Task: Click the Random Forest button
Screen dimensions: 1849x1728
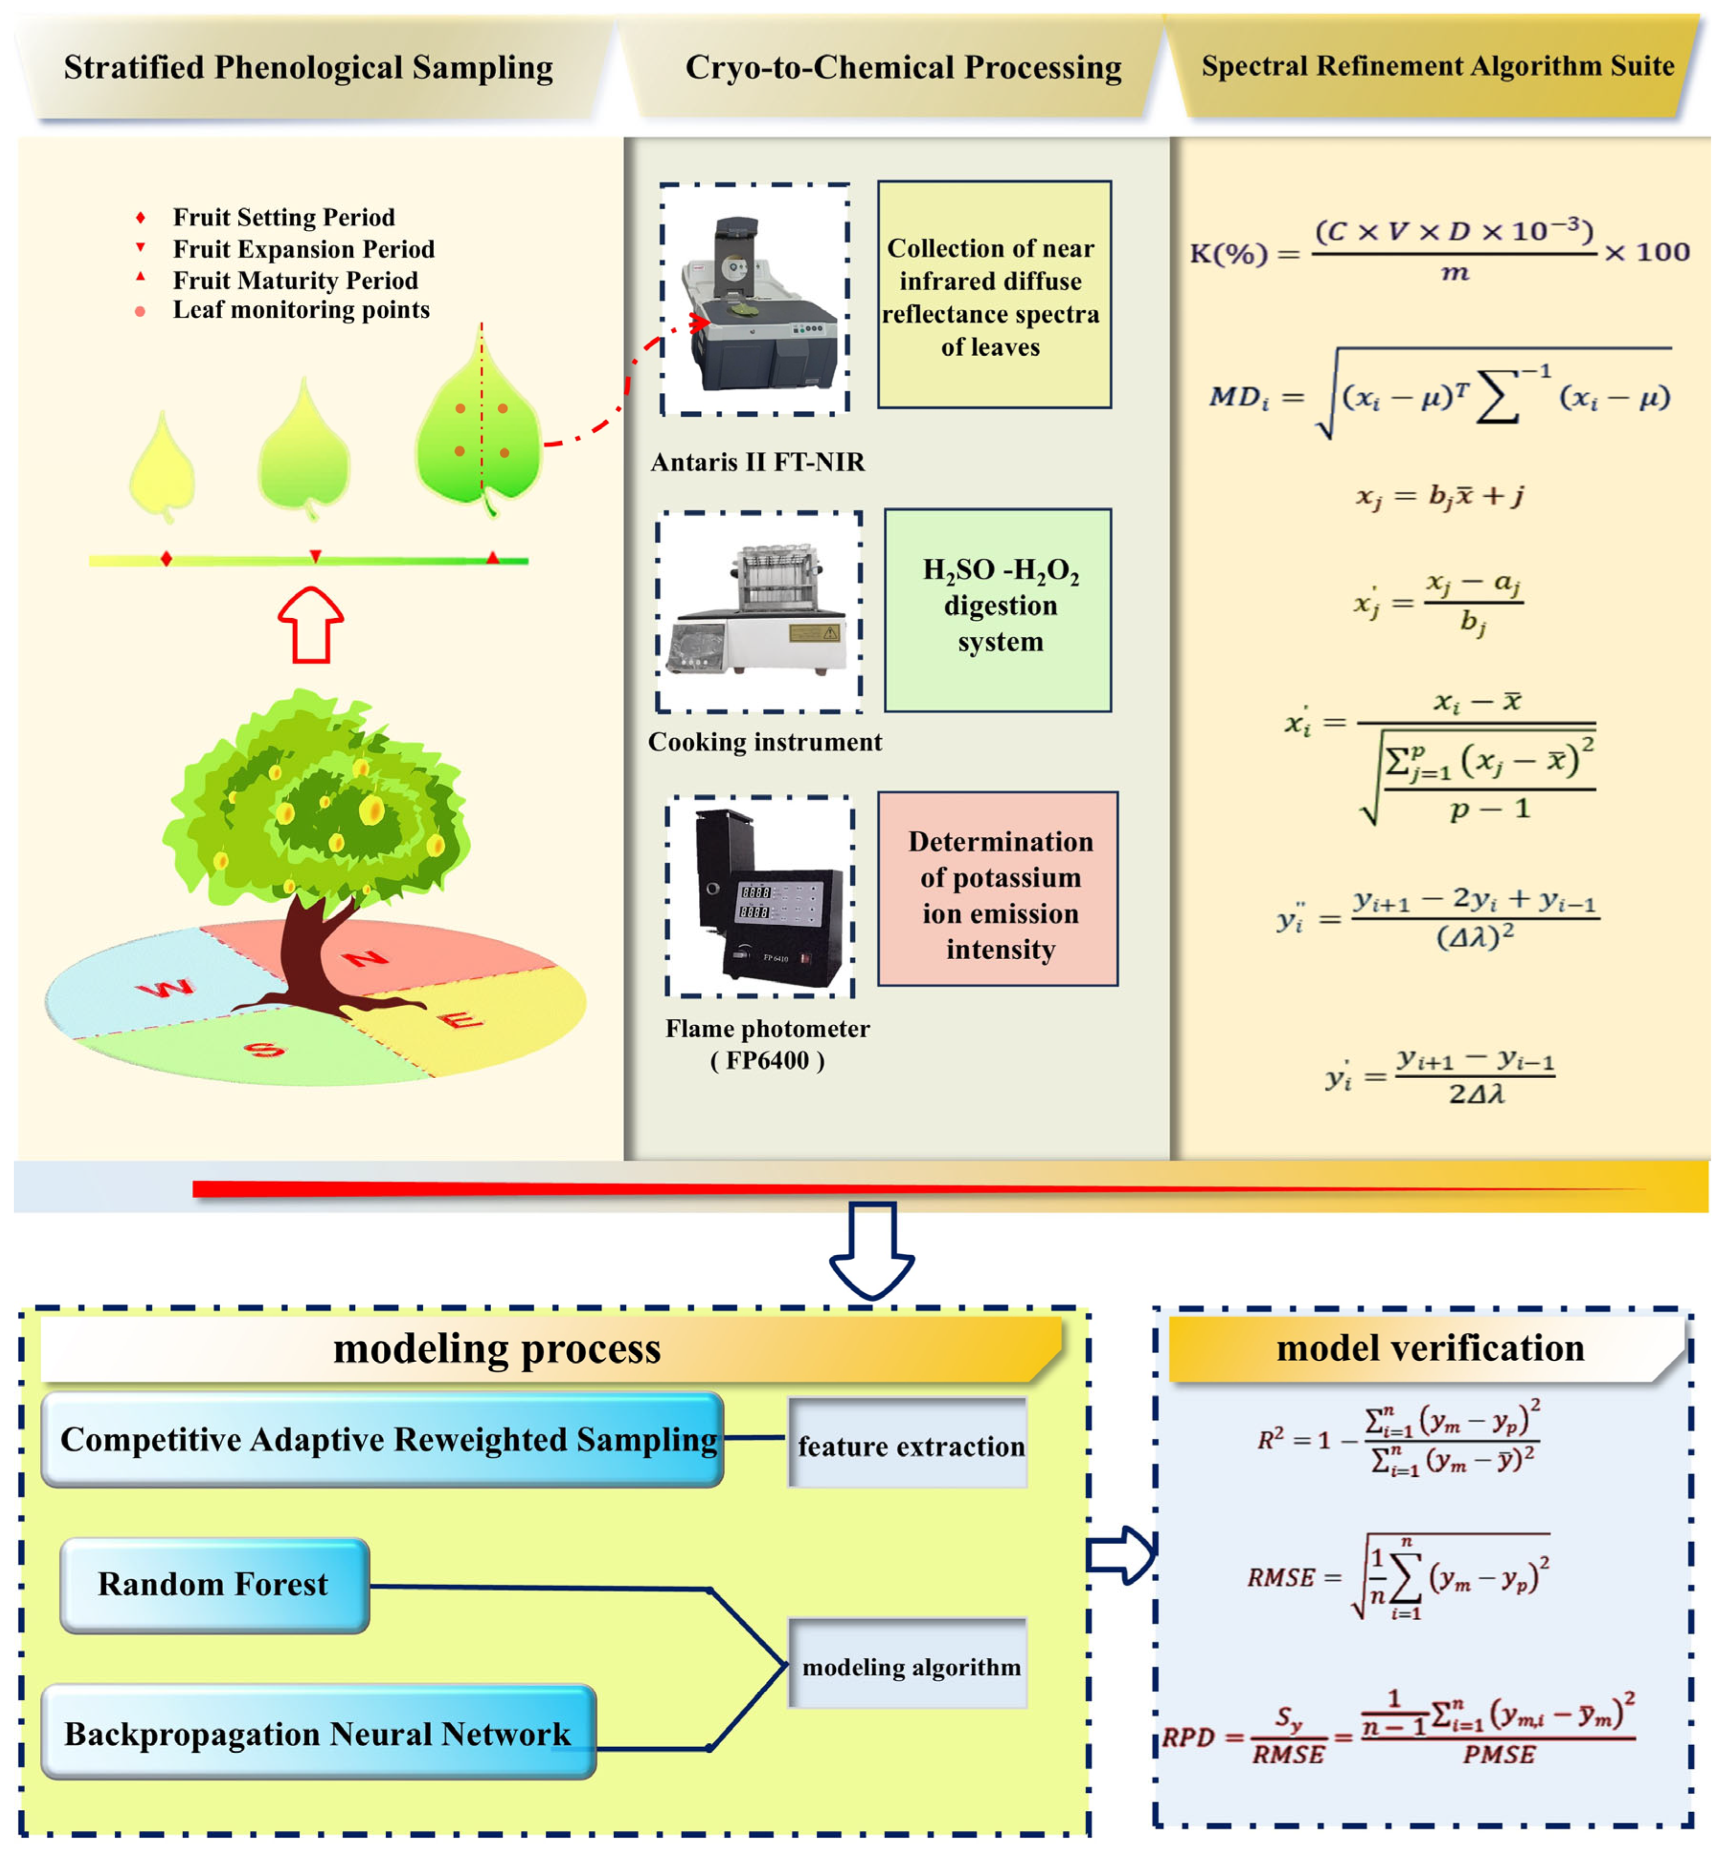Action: point(215,1585)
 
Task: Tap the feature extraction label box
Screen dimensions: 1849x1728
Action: point(909,1443)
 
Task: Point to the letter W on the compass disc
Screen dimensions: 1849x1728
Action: point(167,988)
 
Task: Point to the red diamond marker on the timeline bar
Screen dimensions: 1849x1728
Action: point(166,558)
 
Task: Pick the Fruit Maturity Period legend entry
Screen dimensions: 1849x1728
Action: point(295,280)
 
